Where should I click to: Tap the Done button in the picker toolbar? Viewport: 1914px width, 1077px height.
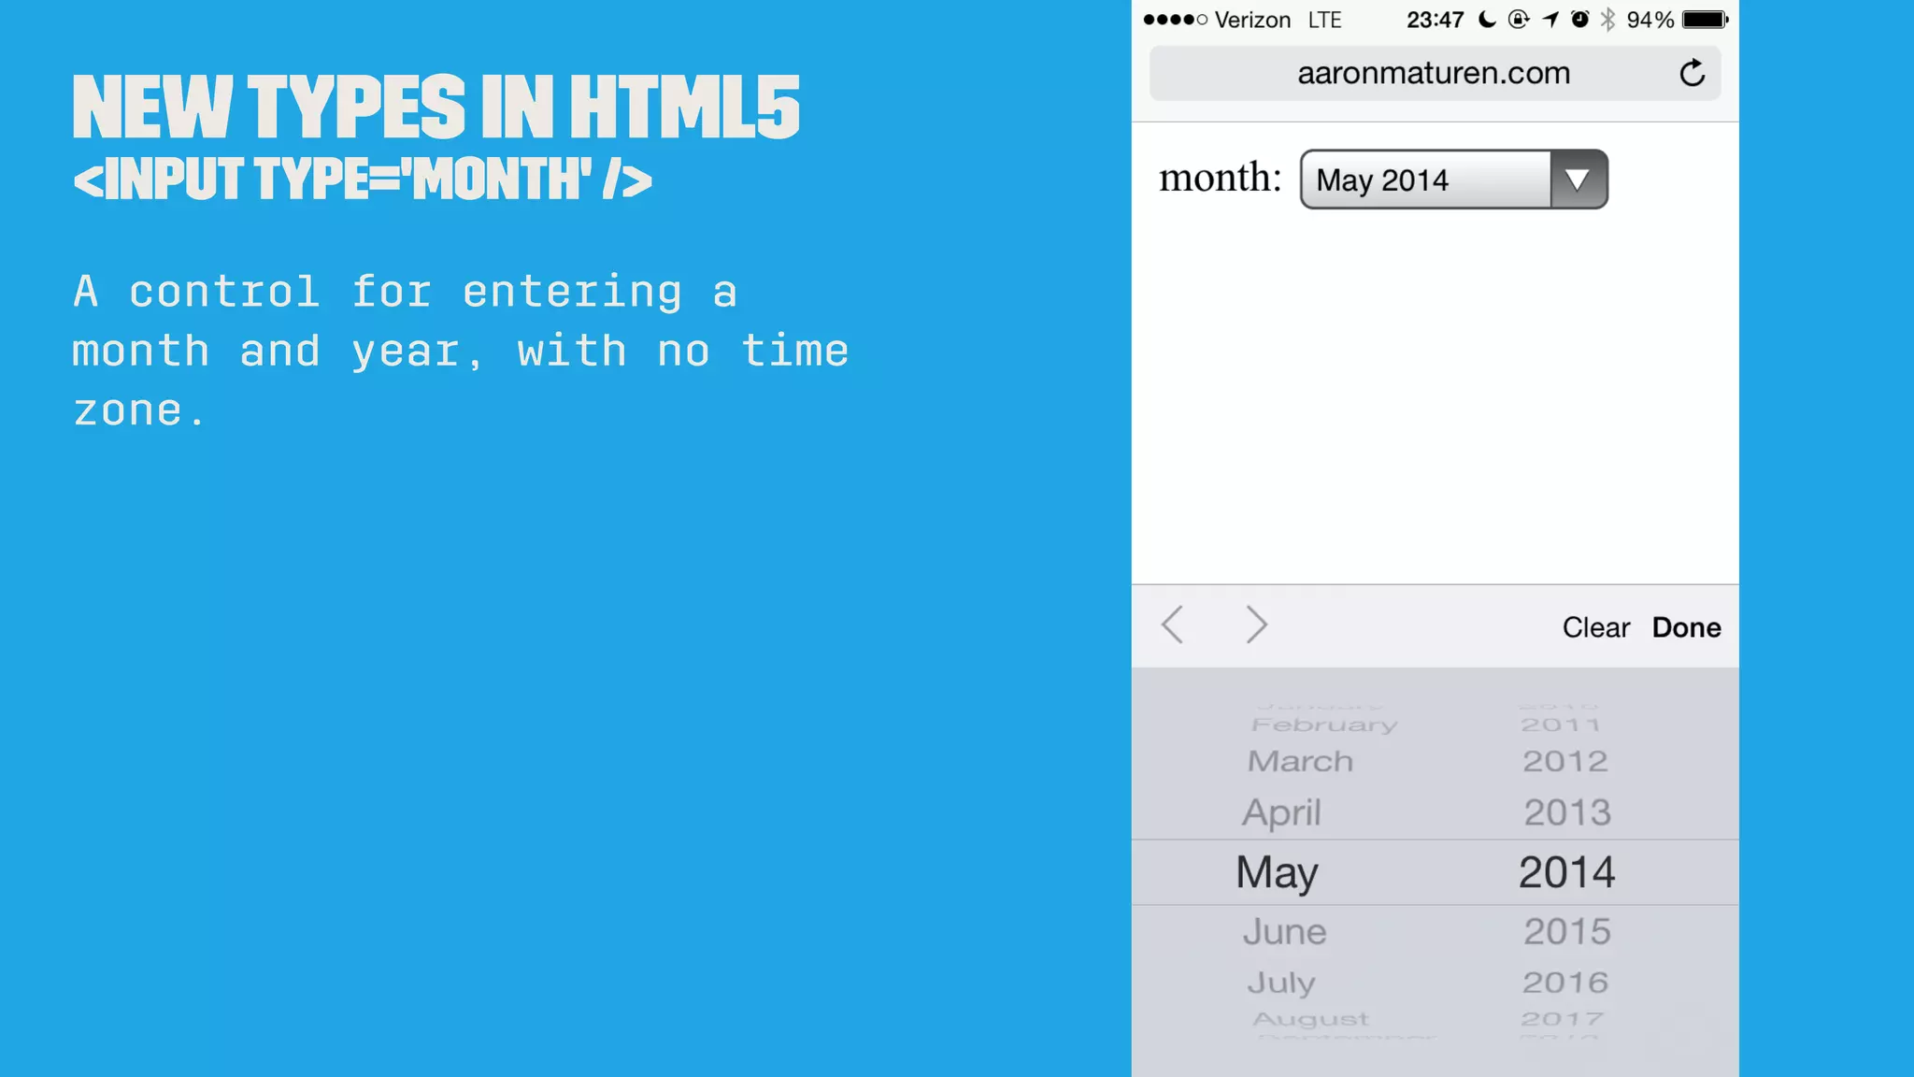point(1686,627)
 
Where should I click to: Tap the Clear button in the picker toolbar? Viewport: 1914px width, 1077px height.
point(1595,627)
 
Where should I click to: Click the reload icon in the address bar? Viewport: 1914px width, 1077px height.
point(1692,73)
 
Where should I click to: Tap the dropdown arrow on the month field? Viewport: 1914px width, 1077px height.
point(1578,179)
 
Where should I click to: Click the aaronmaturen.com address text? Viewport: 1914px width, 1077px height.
point(1434,73)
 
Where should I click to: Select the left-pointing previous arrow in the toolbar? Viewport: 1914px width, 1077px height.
point(1173,625)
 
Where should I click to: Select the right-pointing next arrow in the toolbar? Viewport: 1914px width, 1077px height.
point(1257,625)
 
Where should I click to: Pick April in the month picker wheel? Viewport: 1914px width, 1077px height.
point(1281,812)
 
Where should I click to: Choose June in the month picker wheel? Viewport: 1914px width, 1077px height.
point(1284,931)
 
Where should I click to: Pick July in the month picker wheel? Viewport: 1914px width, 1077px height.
point(1281,983)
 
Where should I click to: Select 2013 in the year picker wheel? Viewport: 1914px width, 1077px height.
point(1567,812)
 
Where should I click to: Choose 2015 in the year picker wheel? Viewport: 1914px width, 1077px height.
point(1567,931)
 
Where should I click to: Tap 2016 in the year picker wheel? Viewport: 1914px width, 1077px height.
point(1565,983)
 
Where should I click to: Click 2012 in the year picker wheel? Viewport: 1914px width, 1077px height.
point(1565,761)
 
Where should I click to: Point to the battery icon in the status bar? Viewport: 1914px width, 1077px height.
point(1705,20)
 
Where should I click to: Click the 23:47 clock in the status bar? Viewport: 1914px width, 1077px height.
point(1435,20)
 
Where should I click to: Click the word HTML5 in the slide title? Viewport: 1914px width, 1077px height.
point(684,108)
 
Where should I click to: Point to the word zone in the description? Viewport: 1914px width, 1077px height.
point(128,411)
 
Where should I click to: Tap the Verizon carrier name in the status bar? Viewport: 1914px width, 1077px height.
point(1252,20)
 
